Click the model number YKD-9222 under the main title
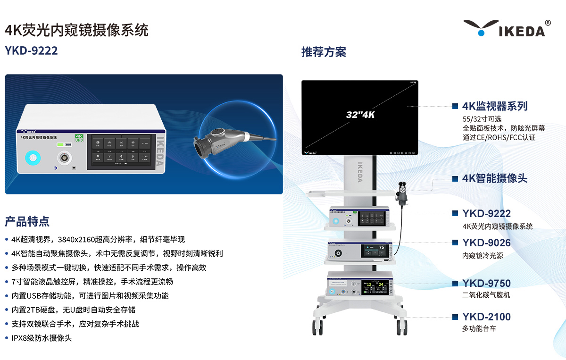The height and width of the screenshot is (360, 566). pos(31,50)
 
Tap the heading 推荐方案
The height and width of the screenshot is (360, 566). pos(324,52)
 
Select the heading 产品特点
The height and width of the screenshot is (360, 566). pos(27,221)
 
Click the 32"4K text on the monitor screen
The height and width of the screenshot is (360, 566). pos(360,115)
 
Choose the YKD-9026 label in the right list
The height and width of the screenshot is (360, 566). pos(486,243)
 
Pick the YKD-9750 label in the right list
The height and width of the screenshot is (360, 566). pos(486,284)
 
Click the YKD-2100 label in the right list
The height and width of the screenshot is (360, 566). pos(486,317)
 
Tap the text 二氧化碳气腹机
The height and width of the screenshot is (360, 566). pos(486,295)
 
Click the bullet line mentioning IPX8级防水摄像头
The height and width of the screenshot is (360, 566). pos(42,338)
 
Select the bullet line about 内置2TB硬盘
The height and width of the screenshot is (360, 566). pos(73,310)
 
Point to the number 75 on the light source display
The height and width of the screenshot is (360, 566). pos(382,248)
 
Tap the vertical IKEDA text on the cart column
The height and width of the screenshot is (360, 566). pos(360,172)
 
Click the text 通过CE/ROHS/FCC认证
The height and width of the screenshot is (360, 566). pos(499,137)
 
